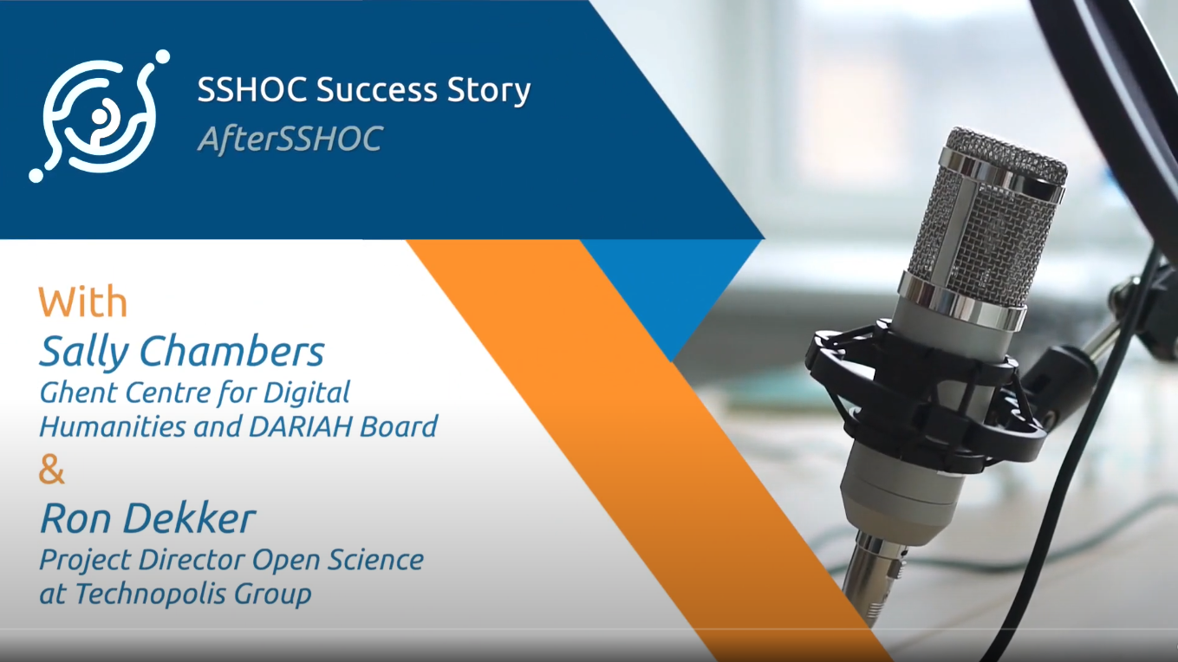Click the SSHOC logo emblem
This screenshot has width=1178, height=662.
point(100,116)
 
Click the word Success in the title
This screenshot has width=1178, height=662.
point(376,89)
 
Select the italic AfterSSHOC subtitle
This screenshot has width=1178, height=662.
point(290,139)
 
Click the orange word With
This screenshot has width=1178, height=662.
point(82,302)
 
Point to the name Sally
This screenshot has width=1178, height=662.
point(83,354)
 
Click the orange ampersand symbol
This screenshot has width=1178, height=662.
point(51,471)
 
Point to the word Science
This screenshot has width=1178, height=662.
point(375,560)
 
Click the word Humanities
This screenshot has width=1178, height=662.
point(113,426)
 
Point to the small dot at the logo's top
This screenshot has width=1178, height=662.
point(162,56)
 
